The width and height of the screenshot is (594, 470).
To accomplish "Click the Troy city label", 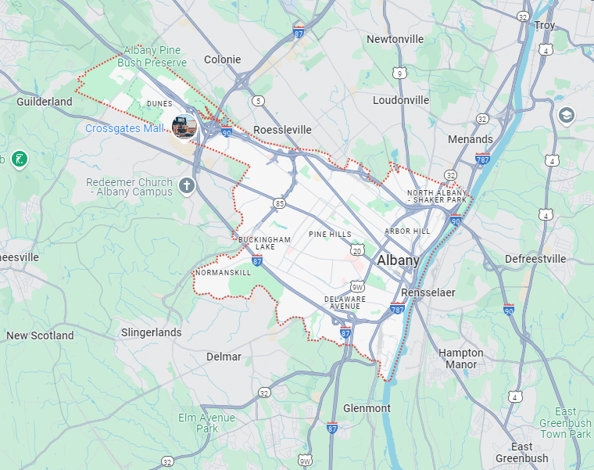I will [x=545, y=25].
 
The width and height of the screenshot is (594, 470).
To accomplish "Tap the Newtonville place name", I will [x=395, y=39].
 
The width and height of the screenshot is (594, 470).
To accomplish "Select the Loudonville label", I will [x=401, y=100].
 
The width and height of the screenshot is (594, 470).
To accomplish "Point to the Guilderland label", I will [x=45, y=102].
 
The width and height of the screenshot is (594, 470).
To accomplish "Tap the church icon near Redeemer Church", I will [x=186, y=185].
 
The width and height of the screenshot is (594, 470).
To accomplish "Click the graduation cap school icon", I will [x=566, y=117].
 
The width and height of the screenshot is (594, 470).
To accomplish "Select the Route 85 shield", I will [x=279, y=203].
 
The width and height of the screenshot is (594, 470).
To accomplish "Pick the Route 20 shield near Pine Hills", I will [x=357, y=249].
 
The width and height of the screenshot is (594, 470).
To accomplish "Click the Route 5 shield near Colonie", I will [x=259, y=100].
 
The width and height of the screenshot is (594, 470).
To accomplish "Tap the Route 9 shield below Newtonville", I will [x=399, y=74].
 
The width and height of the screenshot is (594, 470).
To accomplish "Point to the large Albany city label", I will [x=398, y=260].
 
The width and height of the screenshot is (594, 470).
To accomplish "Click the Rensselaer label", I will [x=428, y=292].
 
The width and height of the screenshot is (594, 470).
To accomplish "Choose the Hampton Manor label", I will [x=461, y=358].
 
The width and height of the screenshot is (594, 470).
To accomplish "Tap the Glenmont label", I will [x=367, y=408].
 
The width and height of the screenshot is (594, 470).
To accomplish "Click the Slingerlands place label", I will [x=152, y=332].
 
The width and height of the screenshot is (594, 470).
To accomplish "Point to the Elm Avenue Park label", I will [x=206, y=423].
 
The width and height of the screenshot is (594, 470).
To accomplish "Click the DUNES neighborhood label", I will [x=159, y=102].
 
